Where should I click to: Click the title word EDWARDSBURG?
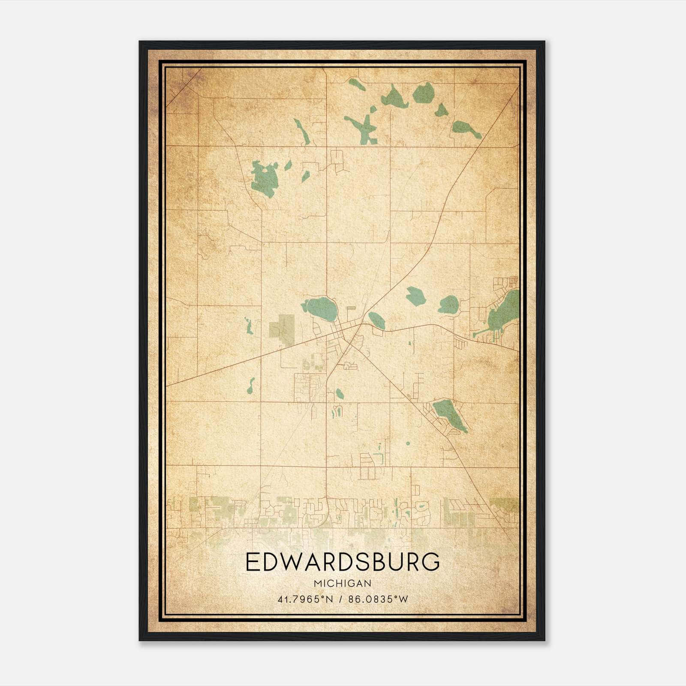click(343, 562)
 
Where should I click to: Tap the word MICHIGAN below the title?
click(343, 583)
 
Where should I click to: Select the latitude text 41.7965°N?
click(305, 599)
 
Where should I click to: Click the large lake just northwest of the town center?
click(322, 307)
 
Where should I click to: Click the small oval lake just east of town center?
click(376, 320)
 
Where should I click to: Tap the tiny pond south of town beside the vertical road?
click(340, 393)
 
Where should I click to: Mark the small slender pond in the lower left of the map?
click(251, 385)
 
